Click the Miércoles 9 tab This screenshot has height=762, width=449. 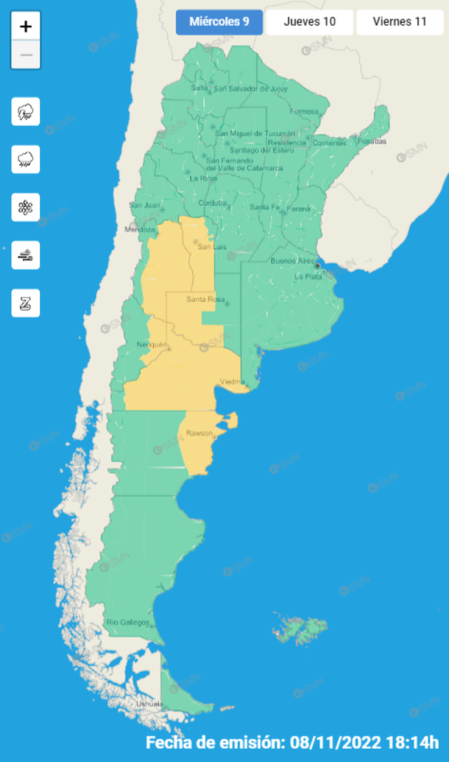tap(219, 21)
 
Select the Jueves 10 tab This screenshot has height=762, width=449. tap(309, 21)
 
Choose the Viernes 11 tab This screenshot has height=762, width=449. tap(400, 21)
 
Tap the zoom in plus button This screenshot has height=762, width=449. tap(26, 27)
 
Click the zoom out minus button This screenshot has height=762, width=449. tap(26, 55)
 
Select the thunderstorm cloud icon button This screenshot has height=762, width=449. tap(26, 111)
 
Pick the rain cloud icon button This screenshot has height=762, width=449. tap(26, 159)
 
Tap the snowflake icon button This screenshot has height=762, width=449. tap(26, 207)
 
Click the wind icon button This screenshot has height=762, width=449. tap(26, 256)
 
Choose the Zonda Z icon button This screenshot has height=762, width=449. tap(26, 303)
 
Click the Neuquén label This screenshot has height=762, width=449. tap(152, 345)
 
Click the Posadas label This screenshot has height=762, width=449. tap(373, 141)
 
